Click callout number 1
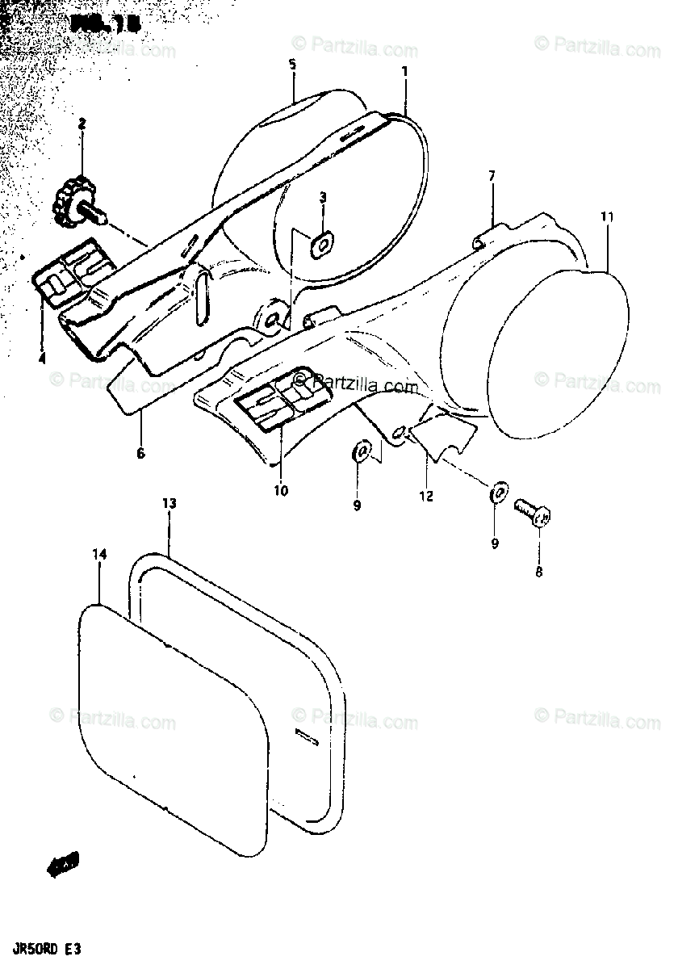coord(404,71)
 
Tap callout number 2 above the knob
coord(82,124)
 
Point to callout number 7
coord(492,175)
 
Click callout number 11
coord(607,216)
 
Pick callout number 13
coord(169,503)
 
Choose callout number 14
coord(98,554)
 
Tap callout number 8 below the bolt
coord(538,573)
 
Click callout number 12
coord(426,496)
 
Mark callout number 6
coord(140,453)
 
